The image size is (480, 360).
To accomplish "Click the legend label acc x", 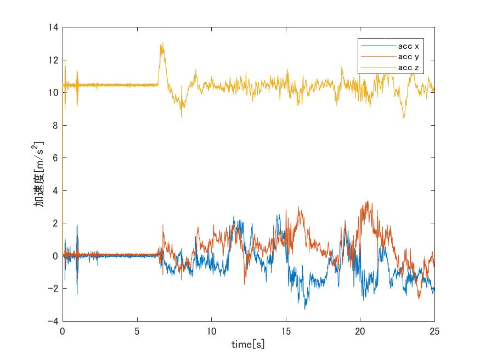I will [x=409, y=46].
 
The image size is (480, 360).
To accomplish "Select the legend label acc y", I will [x=409, y=57].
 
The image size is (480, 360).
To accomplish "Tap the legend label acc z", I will [x=409, y=67].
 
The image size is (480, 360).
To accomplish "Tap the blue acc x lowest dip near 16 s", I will [x=305, y=308].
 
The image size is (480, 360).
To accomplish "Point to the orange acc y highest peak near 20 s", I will [x=367, y=201].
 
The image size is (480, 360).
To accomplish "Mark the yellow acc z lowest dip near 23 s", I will [x=404, y=117].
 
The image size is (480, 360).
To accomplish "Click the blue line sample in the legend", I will [x=377, y=46].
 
